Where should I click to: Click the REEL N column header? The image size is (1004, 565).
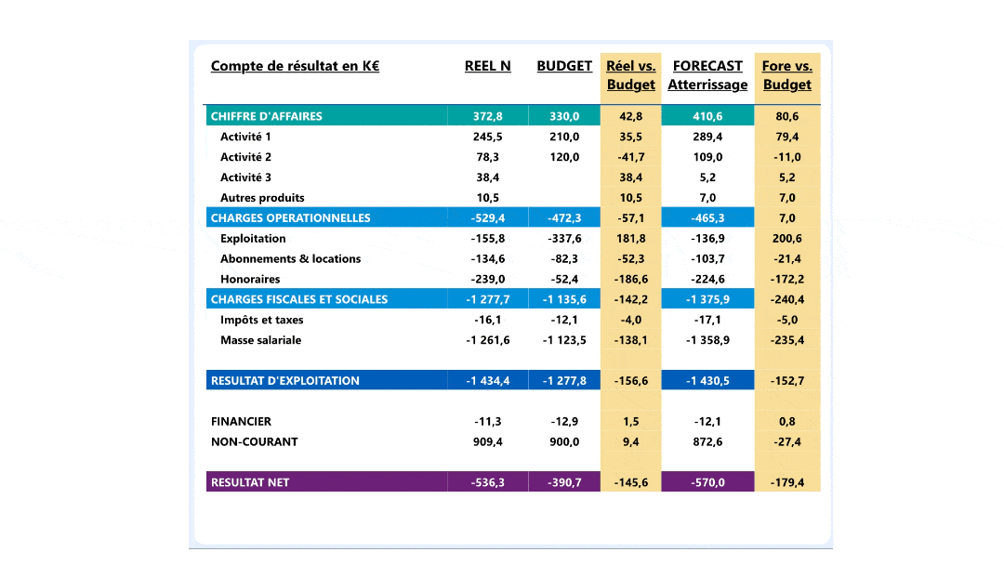[x=487, y=66]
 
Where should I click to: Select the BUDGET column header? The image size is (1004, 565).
[x=564, y=66]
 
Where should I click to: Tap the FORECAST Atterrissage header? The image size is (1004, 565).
[x=707, y=75]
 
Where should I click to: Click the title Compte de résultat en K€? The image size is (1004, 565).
[x=295, y=66]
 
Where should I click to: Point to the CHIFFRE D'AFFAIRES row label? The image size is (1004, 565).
[x=267, y=116]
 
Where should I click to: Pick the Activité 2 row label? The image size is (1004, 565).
[x=245, y=157]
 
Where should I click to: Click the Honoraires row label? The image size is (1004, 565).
[x=250, y=279]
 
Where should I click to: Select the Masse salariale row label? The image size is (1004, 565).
[x=260, y=340]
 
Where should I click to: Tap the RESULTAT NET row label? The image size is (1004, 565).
[x=250, y=482]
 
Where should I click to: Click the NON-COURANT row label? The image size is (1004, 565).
[x=254, y=441]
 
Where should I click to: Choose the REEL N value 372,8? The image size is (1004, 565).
[x=487, y=116]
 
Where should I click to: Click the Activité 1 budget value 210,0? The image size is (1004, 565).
[x=564, y=137]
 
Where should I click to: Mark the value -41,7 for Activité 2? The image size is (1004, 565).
[x=631, y=157]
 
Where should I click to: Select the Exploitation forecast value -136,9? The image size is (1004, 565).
[x=707, y=239]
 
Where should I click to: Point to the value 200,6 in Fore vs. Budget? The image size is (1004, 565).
[x=787, y=239]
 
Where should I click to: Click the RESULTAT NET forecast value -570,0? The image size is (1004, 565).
[x=707, y=482]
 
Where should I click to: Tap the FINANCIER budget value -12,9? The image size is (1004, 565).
[x=564, y=421]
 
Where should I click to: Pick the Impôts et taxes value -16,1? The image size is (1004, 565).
[x=487, y=320]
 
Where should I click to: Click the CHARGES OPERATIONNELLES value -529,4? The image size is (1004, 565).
[x=487, y=218]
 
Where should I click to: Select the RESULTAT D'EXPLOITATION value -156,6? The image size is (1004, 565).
[x=631, y=380]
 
